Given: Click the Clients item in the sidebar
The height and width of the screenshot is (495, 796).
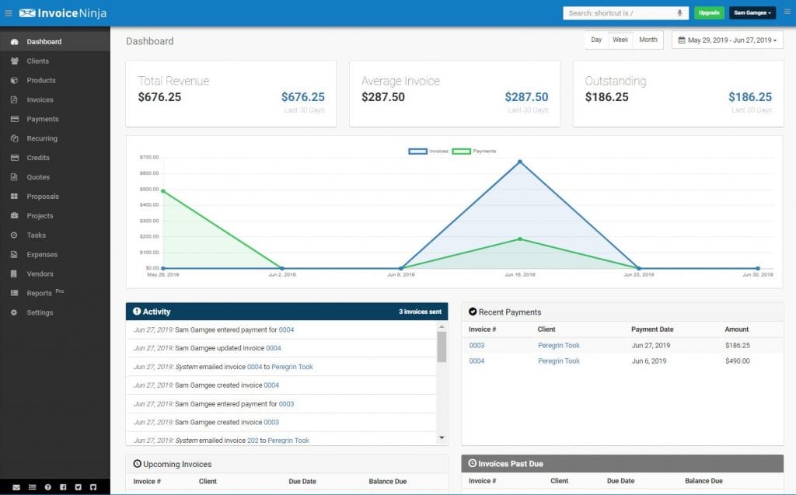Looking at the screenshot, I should (37, 61).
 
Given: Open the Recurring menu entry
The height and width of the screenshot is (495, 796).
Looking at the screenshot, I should (42, 138).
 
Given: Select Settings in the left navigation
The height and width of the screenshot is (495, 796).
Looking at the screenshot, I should (40, 312).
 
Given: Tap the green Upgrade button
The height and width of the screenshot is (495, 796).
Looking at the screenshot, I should (708, 13).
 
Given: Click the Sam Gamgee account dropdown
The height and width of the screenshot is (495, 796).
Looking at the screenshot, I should (752, 13).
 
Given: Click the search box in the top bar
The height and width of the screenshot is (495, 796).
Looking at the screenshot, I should (618, 13).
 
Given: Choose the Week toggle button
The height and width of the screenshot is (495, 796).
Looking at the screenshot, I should (620, 40).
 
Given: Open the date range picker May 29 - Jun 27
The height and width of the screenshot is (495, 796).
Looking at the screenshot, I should (728, 40).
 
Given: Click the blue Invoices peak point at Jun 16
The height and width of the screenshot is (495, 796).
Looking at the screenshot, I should (520, 162).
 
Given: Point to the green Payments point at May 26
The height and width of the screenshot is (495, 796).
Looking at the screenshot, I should (162, 190).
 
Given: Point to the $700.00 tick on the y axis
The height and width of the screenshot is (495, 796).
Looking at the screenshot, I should (148, 157).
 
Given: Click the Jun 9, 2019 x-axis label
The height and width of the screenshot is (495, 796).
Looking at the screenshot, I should (400, 274).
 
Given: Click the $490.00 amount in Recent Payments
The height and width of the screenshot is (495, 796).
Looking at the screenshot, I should (738, 361).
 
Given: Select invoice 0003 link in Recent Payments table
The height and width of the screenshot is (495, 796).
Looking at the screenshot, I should (477, 345).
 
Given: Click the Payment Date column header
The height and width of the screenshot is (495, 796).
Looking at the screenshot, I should (652, 329).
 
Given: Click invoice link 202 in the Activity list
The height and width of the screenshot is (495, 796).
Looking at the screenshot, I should (253, 441).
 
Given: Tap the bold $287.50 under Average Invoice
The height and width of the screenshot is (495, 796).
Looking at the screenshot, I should (383, 97).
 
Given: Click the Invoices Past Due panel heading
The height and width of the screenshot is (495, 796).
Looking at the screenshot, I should (510, 464).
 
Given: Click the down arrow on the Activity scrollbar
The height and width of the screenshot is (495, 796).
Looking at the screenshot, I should (442, 437).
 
